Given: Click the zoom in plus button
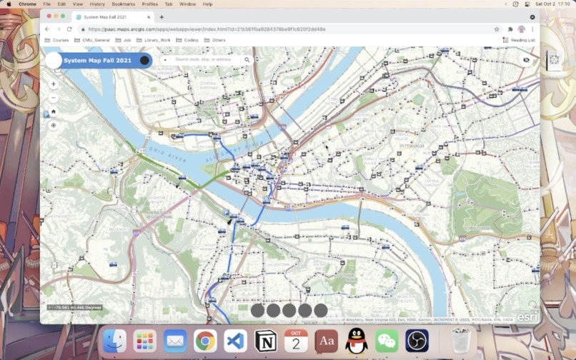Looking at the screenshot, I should pyautogui.click(x=54, y=84).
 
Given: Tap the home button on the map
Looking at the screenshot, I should pyautogui.click(x=54, y=111).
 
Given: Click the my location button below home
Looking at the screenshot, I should pyautogui.click(x=54, y=126).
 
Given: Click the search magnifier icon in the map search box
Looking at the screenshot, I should pyautogui.click(x=247, y=60).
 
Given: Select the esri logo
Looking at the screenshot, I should pyautogui.click(x=527, y=316).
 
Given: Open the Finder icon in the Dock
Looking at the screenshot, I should pyautogui.click(x=114, y=341).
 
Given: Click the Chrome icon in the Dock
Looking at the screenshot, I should pyautogui.click(x=205, y=341).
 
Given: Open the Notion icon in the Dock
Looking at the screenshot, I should pyautogui.click(x=266, y=341).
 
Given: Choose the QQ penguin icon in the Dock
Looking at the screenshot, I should pyautogui.click(x=356, y=341).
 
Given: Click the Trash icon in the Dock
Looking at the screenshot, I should pyautogui.click(x=460, y=341).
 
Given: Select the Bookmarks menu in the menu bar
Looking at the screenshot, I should pyautogui.click(x=123, y=4).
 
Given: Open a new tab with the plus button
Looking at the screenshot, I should pyautogui.click(x=162, y=17).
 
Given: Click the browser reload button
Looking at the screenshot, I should pyautogui.click(x=69, y=29).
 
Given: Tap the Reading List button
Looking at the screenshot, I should pyautogui.click(x=520, y=40).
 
